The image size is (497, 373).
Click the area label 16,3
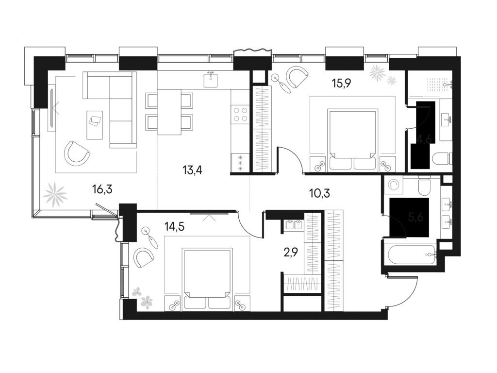tap(102, 189)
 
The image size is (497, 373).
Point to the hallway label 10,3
tap(320, 194)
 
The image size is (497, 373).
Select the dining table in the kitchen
tap(169, 112)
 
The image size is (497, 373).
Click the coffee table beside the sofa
tap(95, 118)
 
